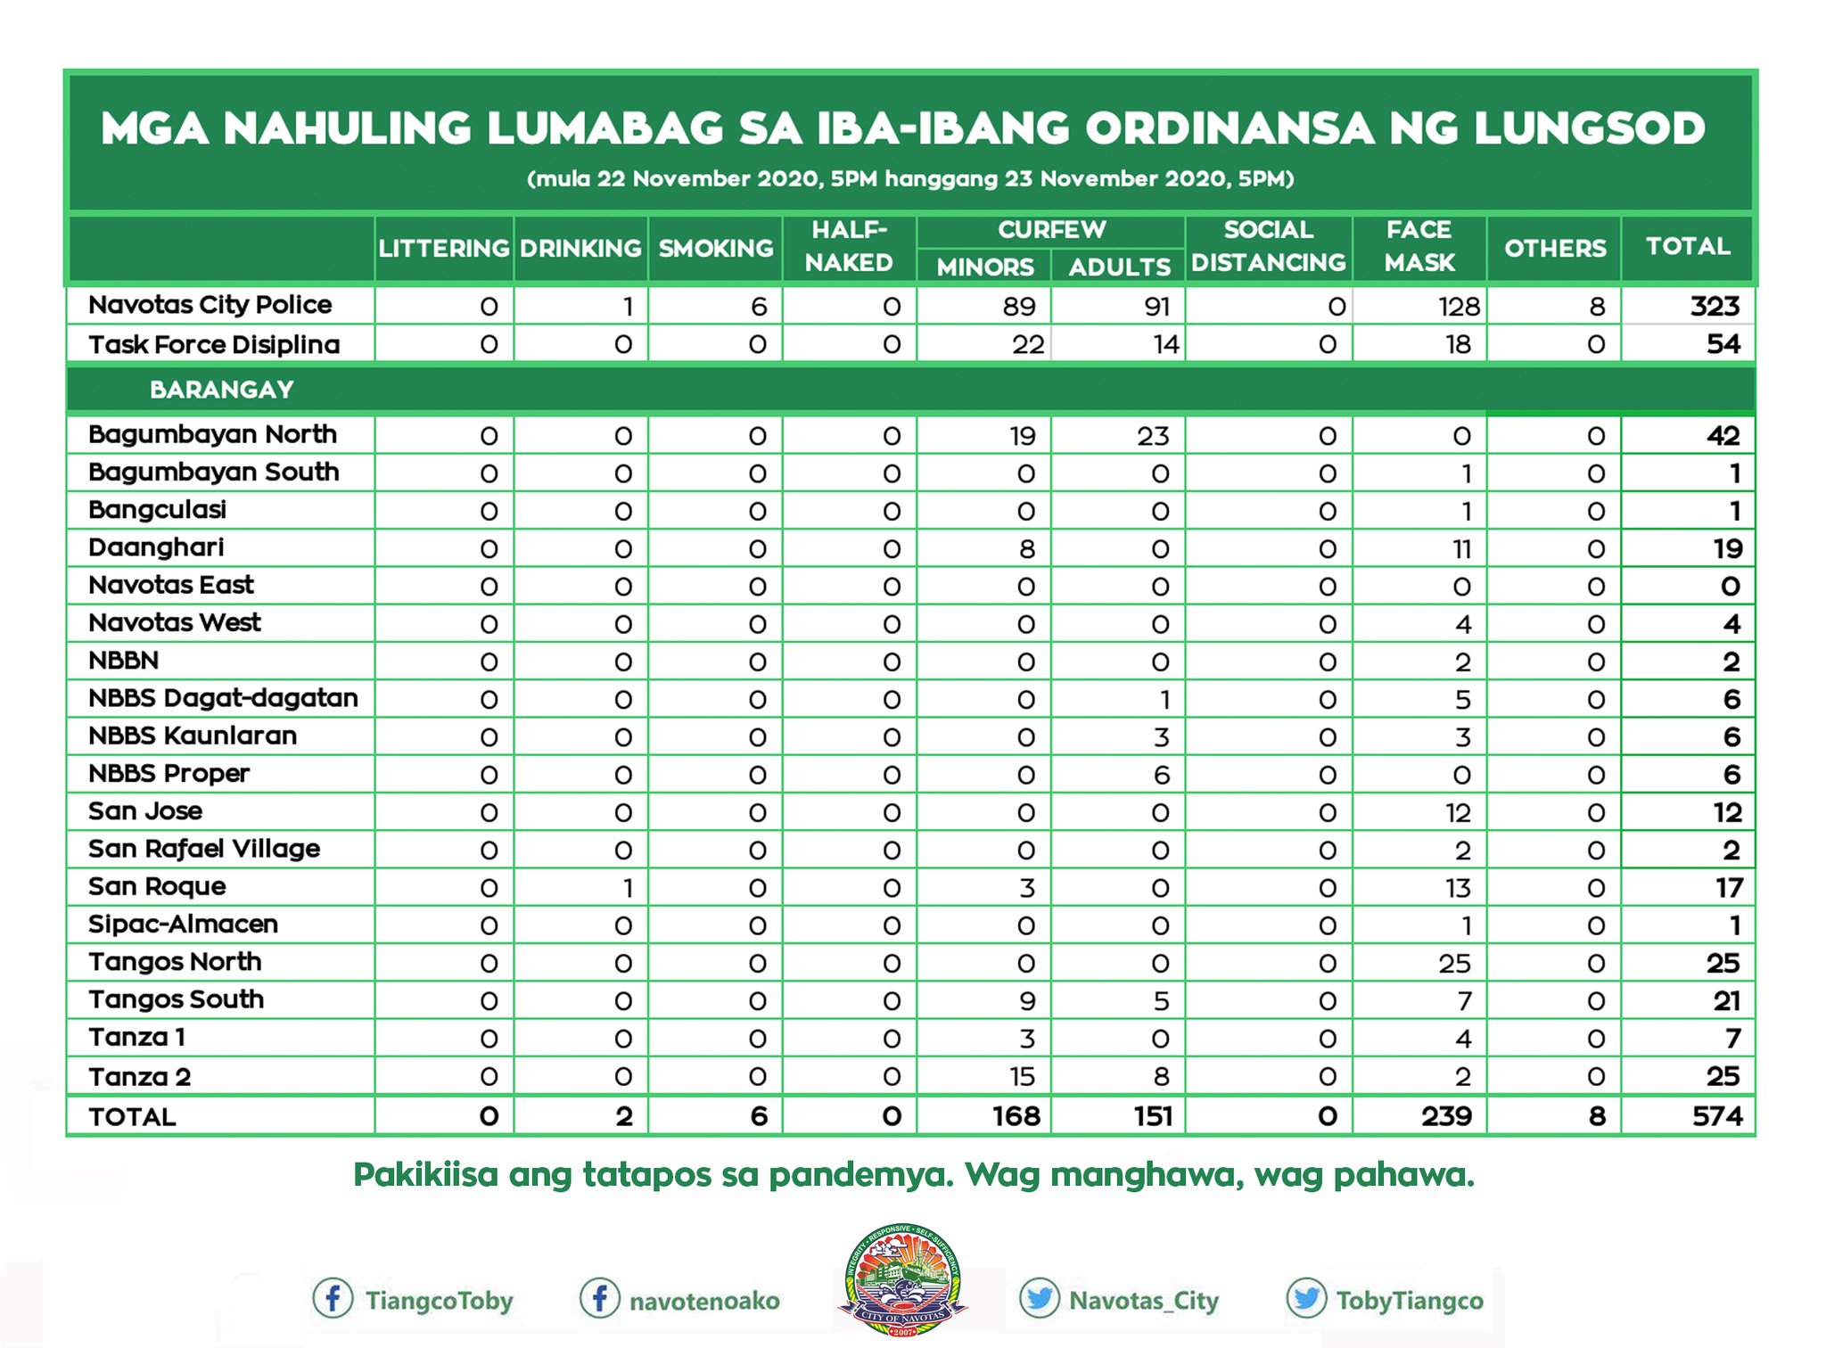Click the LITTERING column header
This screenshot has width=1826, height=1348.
tap(443, 248)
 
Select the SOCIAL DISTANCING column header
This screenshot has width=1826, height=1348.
tap(1268, 246)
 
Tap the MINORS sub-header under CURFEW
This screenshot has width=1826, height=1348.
tap(984, 267)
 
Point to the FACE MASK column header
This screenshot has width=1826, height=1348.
tap(1419, 246)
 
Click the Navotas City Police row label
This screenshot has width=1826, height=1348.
tap(210, 305)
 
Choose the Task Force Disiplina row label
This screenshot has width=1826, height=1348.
tap(214, 344)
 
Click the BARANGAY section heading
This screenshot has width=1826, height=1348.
tap(221, 390)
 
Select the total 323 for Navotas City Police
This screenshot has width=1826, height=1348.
tap(1714, 306)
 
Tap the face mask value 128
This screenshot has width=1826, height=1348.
tap(1458, 307)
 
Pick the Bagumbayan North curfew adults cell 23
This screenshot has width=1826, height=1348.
tap(1152, 436)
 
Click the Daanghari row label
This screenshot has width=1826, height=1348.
tap(156, 547)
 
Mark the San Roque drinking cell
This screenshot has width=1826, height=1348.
tap(628, 888)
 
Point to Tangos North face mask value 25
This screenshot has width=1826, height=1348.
tap(1454, 964)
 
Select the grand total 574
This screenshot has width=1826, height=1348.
tap(1716, 1116)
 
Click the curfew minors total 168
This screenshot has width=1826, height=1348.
tap(1016, 1116)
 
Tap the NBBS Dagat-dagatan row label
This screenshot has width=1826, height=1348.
tap(223, 698)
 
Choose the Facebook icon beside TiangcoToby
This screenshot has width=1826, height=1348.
tap(332, 1299)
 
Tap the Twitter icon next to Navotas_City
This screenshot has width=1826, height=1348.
tap(1039, 1299)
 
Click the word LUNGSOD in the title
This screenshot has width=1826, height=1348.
tap(1589, 128)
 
